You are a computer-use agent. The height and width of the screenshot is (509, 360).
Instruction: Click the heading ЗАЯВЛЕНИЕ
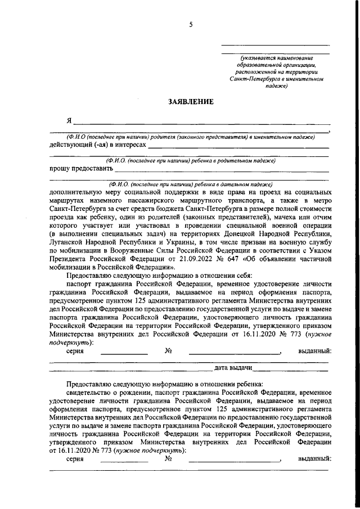[191, 102]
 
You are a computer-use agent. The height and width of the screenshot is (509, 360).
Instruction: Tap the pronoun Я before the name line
[69, 121]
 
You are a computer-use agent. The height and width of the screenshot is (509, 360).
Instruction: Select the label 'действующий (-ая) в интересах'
[97, 145]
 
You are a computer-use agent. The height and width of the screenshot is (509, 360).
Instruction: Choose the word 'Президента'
[70, 260]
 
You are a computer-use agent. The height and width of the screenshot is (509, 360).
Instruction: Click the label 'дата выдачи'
[233, 368]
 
